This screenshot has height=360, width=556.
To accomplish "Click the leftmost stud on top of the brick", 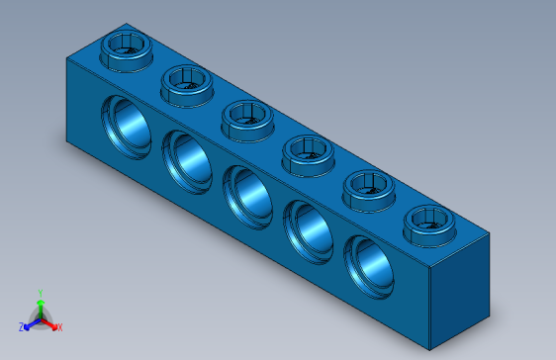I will tap(126, 47).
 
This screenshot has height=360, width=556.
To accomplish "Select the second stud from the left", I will tap(187, 83).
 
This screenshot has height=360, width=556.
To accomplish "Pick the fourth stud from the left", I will tap(309, 152).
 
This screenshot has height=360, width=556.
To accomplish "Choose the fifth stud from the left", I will tap(369, 187).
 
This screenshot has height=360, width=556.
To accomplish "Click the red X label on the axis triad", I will tap(59, 326).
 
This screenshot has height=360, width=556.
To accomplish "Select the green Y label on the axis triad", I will tap(40, 293).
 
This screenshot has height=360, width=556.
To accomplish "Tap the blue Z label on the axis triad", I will tap(21, 326).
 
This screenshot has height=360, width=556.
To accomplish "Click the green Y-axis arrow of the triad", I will tap(40, 307).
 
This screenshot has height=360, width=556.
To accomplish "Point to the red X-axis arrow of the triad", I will tap(49, 322).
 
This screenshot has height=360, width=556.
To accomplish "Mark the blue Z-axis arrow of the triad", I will tap(31, 322).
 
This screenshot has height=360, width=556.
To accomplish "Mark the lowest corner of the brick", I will tap(430, 350).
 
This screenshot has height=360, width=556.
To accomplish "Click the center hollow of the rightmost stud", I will tap(428, 219).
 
